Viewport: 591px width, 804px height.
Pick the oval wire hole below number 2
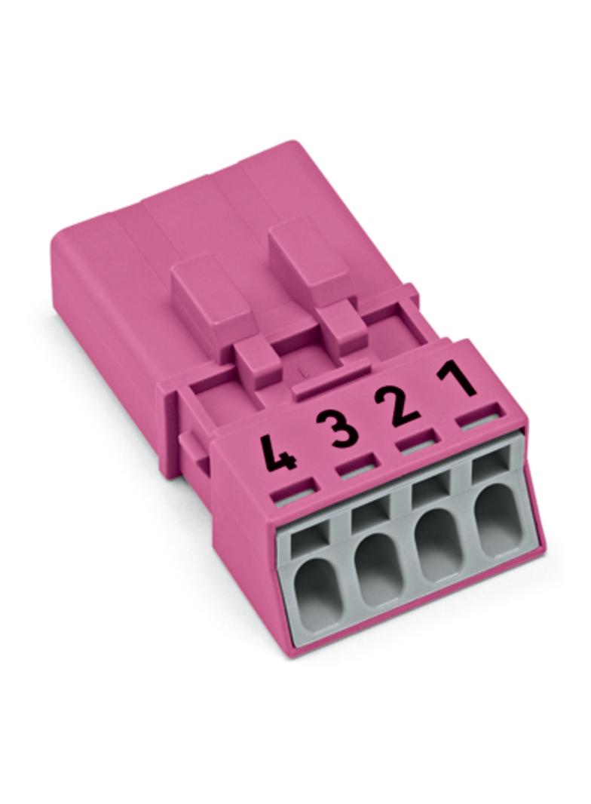pyautogui.click(x=435, y=542)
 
